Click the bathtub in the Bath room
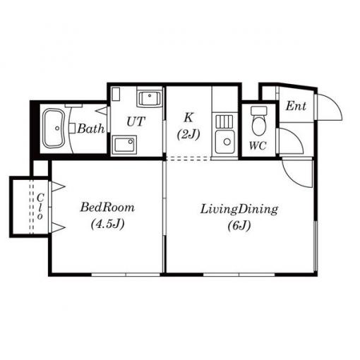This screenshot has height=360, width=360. (54, 128)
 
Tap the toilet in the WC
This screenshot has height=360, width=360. (258, 121)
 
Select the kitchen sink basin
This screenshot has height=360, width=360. (225, 142)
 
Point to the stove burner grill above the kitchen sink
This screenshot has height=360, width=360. (224, 121)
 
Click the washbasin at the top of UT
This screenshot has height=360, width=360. (150, 97)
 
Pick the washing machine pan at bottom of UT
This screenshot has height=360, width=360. (124, 145)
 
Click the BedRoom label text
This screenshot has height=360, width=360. (107, 208)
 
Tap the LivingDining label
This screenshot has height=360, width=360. (239, 210)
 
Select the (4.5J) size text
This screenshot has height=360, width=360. (107, 224)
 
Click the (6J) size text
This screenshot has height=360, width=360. (239, 226)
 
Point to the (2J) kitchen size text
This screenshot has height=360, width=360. (188, 135)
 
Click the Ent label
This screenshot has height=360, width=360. (296, 106)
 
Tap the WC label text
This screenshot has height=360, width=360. (258, 145)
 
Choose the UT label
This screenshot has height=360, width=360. (136, 121)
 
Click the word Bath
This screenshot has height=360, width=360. (91, 128)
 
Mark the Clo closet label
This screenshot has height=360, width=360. (40, 207)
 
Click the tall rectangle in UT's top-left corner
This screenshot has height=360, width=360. (116, 94)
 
